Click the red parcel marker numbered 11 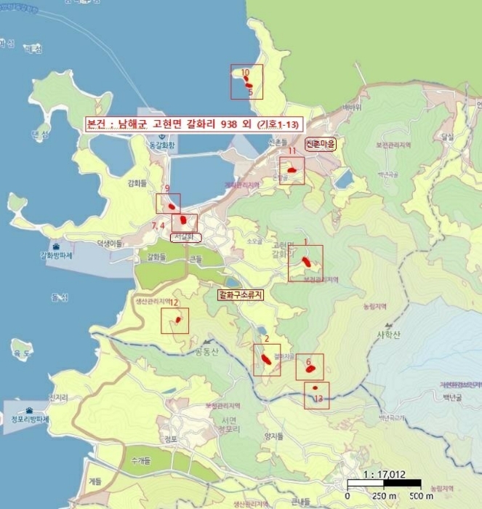[292, 170]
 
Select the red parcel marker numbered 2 [266, 358]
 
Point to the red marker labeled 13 [315, 388]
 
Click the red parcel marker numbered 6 [311, 369]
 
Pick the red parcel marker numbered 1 [307, 259]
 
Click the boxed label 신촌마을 [320, 144]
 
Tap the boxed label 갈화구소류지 [240, 294]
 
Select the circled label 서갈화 [185, 237]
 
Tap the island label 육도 [23, 353]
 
